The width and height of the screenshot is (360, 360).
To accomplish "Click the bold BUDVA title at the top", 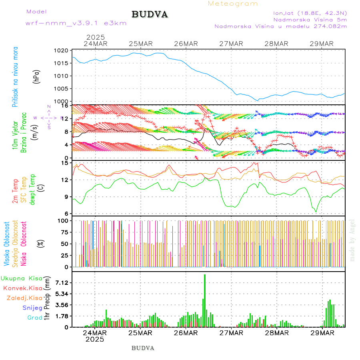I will (x=150, y=14).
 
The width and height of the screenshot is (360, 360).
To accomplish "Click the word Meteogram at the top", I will (x=233, y=4).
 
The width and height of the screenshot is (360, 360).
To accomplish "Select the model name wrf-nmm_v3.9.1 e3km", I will (x=76, y=23).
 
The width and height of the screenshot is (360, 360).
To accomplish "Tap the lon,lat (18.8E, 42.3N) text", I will (x=310, y=12).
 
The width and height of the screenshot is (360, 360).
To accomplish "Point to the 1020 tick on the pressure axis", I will (x=62, y=51).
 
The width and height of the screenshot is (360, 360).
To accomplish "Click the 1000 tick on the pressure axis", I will (x=62, y=102).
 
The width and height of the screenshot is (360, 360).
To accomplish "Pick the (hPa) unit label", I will (x=37, y=76).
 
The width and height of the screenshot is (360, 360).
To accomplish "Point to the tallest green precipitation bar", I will (x=205, y=300).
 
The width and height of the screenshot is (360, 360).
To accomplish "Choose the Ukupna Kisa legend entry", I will (x=22, y=278).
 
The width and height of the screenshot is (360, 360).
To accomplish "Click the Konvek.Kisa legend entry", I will (x=23, y=288).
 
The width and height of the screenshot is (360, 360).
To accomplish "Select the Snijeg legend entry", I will (x=32, y=308).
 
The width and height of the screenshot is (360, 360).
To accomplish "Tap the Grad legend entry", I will (x=35, y=318).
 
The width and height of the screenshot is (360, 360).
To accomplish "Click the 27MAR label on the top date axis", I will (x=231, y=44).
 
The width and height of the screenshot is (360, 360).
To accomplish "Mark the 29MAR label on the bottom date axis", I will (x=322, y=333).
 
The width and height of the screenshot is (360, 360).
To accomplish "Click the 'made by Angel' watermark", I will (x=352, y=240).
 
